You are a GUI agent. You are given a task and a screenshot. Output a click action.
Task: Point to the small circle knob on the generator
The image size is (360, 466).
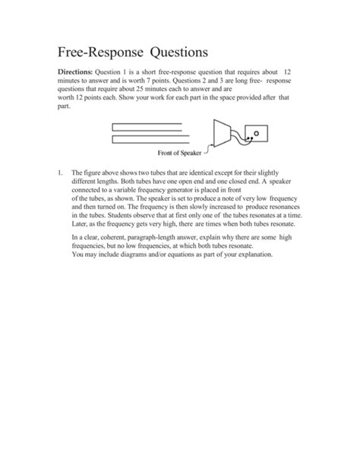[x=256, y=133]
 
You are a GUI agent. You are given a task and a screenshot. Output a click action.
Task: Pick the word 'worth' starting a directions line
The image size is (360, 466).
[x=68, y=98]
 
